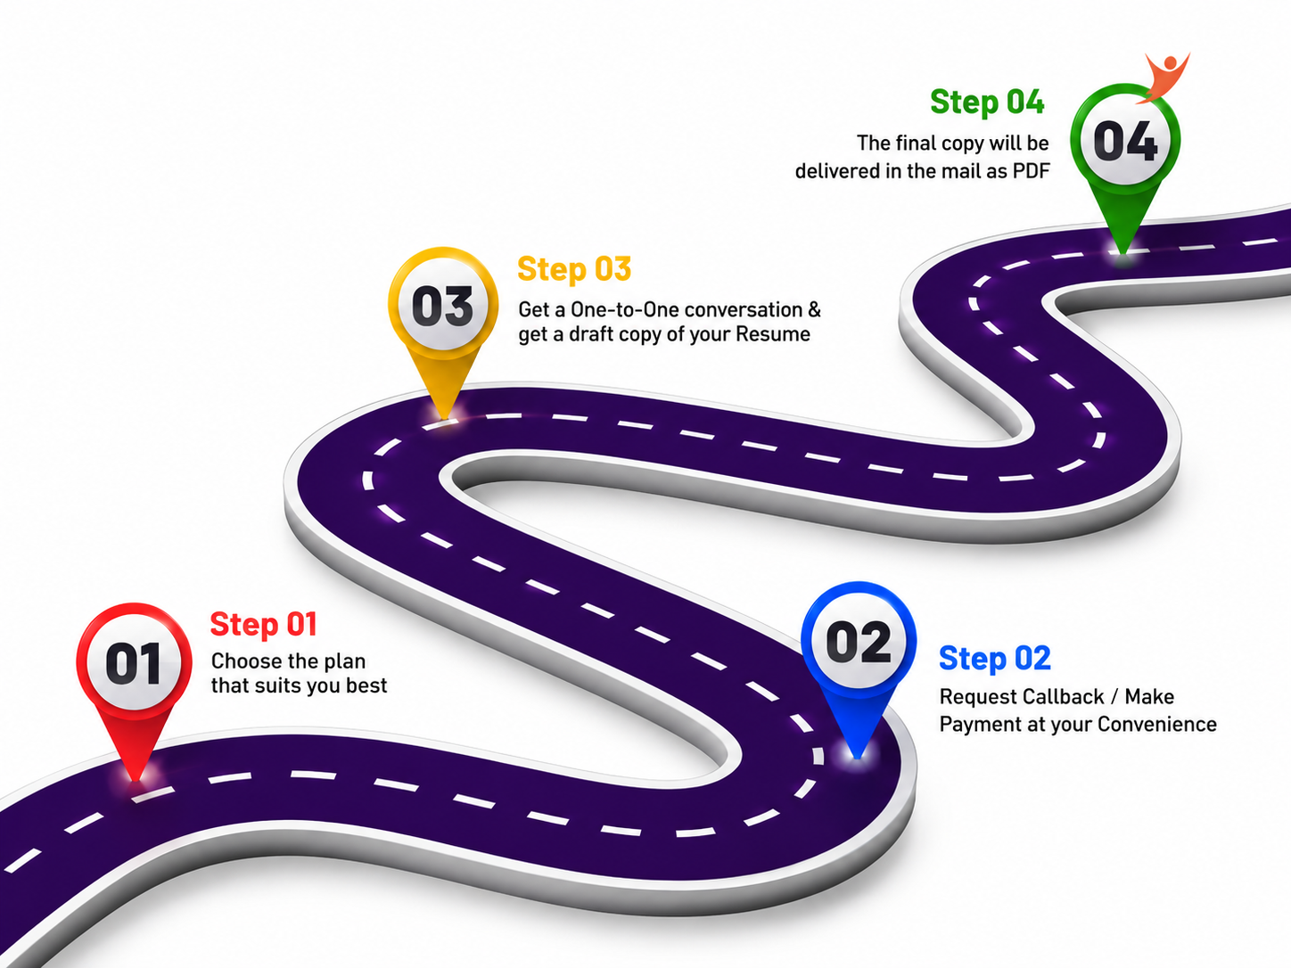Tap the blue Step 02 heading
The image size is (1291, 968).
[995, 660]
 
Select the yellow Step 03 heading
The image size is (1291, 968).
[574, 270]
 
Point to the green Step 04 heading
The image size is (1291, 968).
[987, 103]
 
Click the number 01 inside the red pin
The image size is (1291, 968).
[134, 664]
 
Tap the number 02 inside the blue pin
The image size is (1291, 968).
[858, 643]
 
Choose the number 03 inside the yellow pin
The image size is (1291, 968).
[442, 307]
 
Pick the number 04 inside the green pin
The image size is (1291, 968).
[1125, 141]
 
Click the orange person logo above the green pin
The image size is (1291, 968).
[1164, 77]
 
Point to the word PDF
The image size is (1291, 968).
[1031, 172]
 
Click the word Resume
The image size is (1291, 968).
[773, 334]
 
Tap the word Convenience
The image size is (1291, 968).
[1157, 725]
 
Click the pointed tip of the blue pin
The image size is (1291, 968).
[857, 758]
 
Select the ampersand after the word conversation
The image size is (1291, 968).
[814, 309]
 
